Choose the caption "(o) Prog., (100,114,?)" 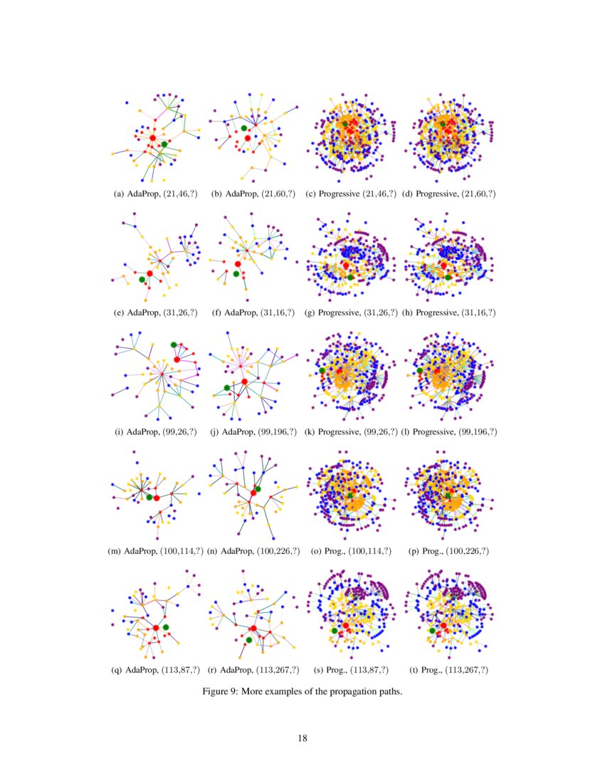click(350, 551)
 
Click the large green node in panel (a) click(164, 144)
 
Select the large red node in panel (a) click(152, 137)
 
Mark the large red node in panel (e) click(150, 273)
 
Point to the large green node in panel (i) click(174, 345)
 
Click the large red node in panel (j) click(244, 382)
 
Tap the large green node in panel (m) click(149, 498)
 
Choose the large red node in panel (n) click(253, 493)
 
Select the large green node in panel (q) click(166, 626)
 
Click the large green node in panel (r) click(248, 641)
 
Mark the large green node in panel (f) click(235, 273)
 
